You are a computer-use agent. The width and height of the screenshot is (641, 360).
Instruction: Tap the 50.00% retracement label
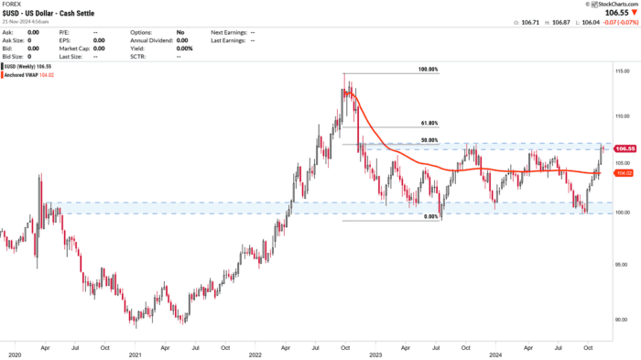(429, 140)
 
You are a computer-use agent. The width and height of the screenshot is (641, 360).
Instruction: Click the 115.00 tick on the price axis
(622, 71)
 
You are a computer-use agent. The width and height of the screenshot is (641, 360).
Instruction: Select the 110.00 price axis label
(622, 117)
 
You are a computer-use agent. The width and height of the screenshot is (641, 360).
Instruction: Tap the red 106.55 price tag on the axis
(625, 148)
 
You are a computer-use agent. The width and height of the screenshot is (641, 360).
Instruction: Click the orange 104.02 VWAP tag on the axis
(625, 172)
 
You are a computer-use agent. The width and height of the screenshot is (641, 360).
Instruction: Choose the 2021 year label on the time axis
(135, 354)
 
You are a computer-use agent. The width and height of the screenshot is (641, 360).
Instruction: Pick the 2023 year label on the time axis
(376, 354)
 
